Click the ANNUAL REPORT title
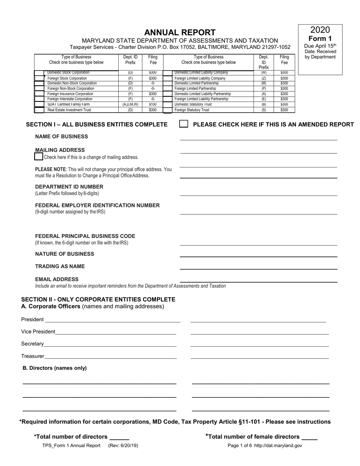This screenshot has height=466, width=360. pos(180,33)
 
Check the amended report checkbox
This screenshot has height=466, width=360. pos(183,124)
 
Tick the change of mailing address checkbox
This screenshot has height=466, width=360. pos(39,156)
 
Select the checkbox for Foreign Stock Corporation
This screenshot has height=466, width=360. pos(39,78)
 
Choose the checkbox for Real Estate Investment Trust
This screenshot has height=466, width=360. pos(39,110)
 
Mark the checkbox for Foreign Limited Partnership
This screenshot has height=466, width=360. pos(167,89)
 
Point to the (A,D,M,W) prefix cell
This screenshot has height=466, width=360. pos(130,104)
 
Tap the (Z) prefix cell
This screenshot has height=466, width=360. pos(264,78)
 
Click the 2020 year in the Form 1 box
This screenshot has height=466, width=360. pos(320,30)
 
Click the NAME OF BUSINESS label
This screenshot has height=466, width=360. pos(61,136)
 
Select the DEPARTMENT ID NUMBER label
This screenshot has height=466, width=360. pos(69,187)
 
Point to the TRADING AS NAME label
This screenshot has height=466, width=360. pos(60,266)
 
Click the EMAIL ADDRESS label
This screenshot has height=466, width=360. pos(57,279)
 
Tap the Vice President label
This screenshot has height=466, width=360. pos(38,332)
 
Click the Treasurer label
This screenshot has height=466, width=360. pos(33,356)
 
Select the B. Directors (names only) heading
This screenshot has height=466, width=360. pos(55,368)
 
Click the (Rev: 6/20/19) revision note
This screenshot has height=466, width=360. pos(123,446)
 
